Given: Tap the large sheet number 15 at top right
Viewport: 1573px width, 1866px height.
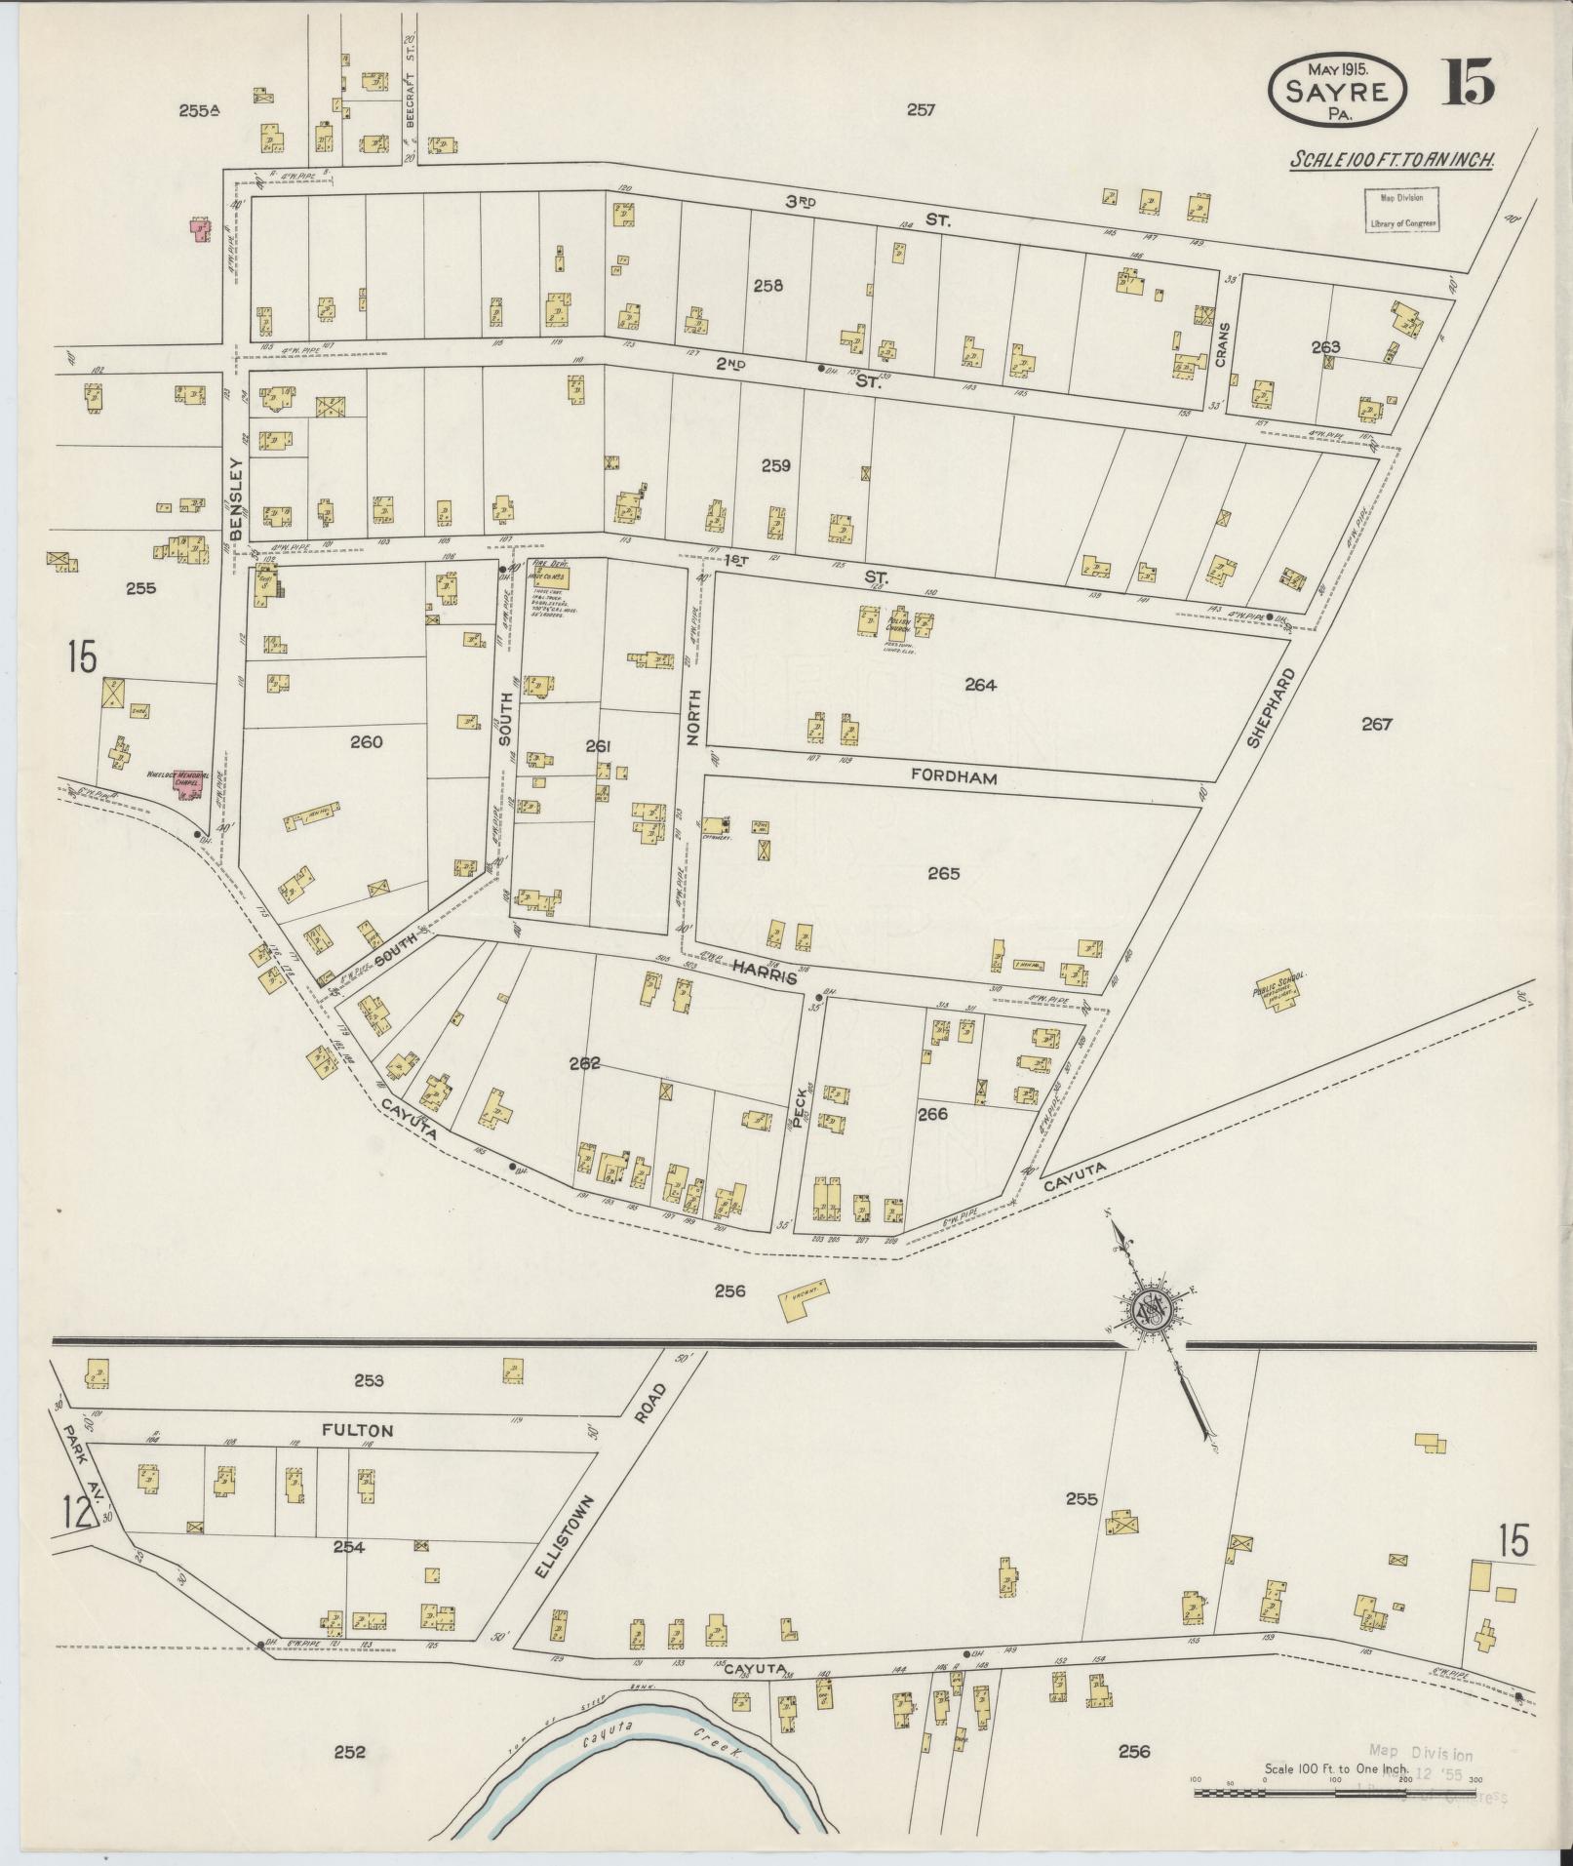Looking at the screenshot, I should [x=1470, y=84].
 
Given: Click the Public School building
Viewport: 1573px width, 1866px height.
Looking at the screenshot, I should [x=1279, y=992].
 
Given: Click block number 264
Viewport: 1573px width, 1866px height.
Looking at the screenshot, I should [x=980, y=685].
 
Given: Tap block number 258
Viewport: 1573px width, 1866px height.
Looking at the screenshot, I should [x=767, y=287].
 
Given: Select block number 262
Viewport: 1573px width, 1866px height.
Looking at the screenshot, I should [x=585, y=1063].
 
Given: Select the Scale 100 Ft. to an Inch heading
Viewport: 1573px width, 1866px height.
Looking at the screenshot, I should [x=1394, y=160].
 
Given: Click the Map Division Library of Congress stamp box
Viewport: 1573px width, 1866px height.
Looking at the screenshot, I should [x=1400, y=211].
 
